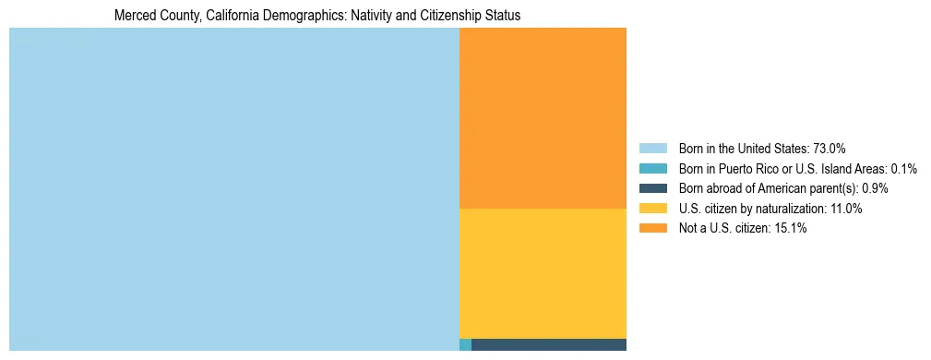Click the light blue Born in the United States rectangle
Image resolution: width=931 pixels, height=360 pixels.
(x=233, y=189)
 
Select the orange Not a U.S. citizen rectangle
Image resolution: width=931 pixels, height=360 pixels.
(x=543, y=118)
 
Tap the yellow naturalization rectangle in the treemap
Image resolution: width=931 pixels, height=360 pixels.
(x=543, y=273)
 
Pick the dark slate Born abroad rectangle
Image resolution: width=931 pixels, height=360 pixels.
(x=549, y=345)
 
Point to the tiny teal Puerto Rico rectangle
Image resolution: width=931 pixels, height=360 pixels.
(x=465, y=345)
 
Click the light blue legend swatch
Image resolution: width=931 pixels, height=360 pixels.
(x=652, y=149)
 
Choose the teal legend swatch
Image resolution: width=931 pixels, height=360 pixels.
(x=652, y=169)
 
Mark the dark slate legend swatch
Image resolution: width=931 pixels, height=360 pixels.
(x=652, y=188)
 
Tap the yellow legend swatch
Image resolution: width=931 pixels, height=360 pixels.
(x=652, y=209)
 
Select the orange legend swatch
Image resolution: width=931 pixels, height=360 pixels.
(x=652, y=229)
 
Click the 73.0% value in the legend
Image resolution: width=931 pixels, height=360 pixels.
(x=830, y=149)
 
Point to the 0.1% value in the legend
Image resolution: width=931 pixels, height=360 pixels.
(x=903, y=169)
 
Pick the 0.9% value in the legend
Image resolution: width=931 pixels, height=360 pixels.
(x=876, y=188)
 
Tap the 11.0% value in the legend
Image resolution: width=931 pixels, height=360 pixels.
(x=846, y=209)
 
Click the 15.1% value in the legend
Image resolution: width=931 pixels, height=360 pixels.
(x=791, y=229)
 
